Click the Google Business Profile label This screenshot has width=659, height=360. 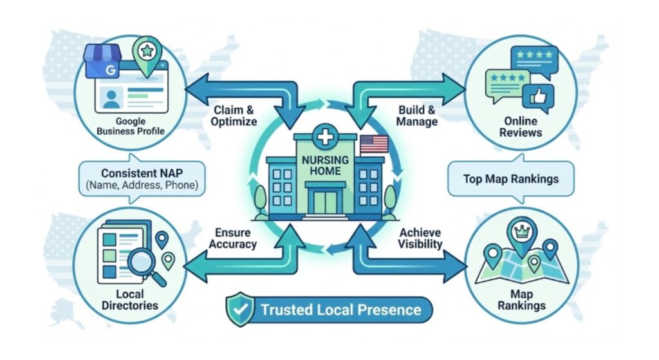point(130,127)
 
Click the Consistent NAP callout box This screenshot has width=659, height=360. point(140,180)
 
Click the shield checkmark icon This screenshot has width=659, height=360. point(239,309)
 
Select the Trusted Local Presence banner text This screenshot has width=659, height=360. point(340,310)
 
